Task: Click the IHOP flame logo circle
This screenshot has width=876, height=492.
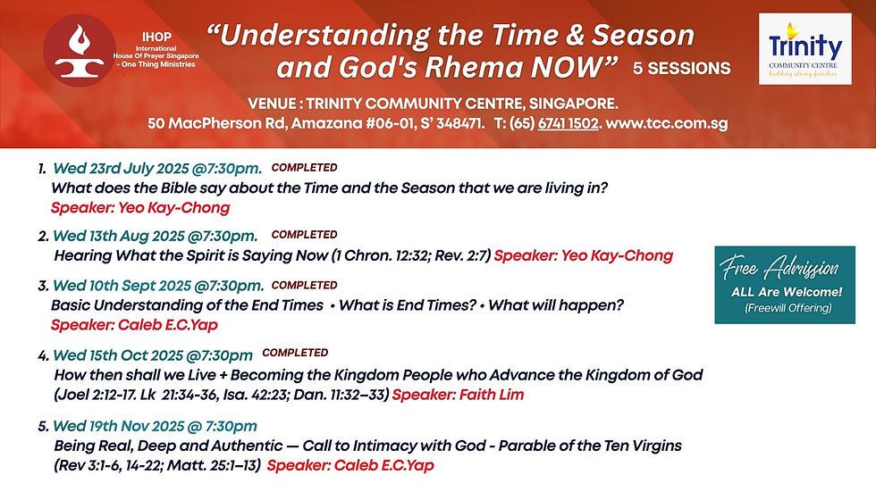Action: click(x=80, y=50)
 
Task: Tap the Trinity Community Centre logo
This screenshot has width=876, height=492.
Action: click(x=805, y=49)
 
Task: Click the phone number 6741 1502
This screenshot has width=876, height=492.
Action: click(x=568, y=123)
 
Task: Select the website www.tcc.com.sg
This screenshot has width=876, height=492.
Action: click(x=667, y=123)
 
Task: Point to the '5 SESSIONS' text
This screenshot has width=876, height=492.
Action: click(x=681, y=68)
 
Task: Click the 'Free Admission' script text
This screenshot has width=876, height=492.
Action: click(x=779, y=268)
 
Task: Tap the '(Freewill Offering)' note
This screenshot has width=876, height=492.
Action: click(x=788, y=308)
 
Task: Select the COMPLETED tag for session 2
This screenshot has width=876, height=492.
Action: click(x=305, y=234)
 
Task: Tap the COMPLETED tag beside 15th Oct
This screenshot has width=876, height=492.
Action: click(x=295, y=353)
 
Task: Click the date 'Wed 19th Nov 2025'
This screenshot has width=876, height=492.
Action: click(x=118, y=426)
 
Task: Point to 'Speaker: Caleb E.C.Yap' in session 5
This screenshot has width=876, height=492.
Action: click(x=350, y=465)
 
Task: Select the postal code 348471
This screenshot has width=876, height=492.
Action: click(x=459, y=123)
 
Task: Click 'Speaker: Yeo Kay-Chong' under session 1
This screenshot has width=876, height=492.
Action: click(x=140, y=208)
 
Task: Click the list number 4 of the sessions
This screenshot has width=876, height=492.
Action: click(x=43, y=356)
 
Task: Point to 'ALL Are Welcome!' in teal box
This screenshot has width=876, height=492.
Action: click(x=786, y=292)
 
